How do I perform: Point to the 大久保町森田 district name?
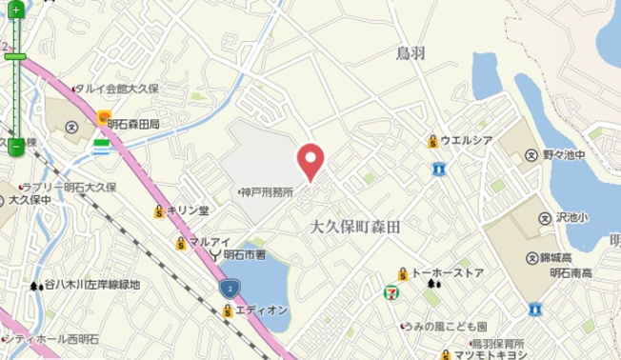click(x=355, y=228)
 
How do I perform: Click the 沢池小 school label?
click(x=571, y=218)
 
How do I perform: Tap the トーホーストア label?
click(x=448, y=274)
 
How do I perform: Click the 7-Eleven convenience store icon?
click(x=390, y=291)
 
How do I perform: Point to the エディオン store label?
click(x=261, y=310)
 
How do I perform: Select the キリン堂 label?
click(x=188, y=210)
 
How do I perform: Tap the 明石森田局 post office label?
click(x=133, y=123)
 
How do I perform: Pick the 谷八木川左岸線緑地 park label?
click(x=91, y=284)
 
